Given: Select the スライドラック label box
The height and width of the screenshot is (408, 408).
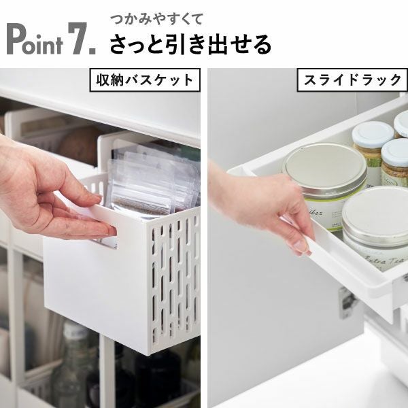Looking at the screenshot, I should click(x=351, y=80).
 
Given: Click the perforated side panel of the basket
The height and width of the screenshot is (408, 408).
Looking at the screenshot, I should click(x=175, y=279).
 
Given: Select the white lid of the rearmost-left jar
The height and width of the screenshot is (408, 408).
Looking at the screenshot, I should click(x=373, y=132).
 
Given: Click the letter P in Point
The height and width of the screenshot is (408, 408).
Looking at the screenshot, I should click(x=16, y=40).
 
